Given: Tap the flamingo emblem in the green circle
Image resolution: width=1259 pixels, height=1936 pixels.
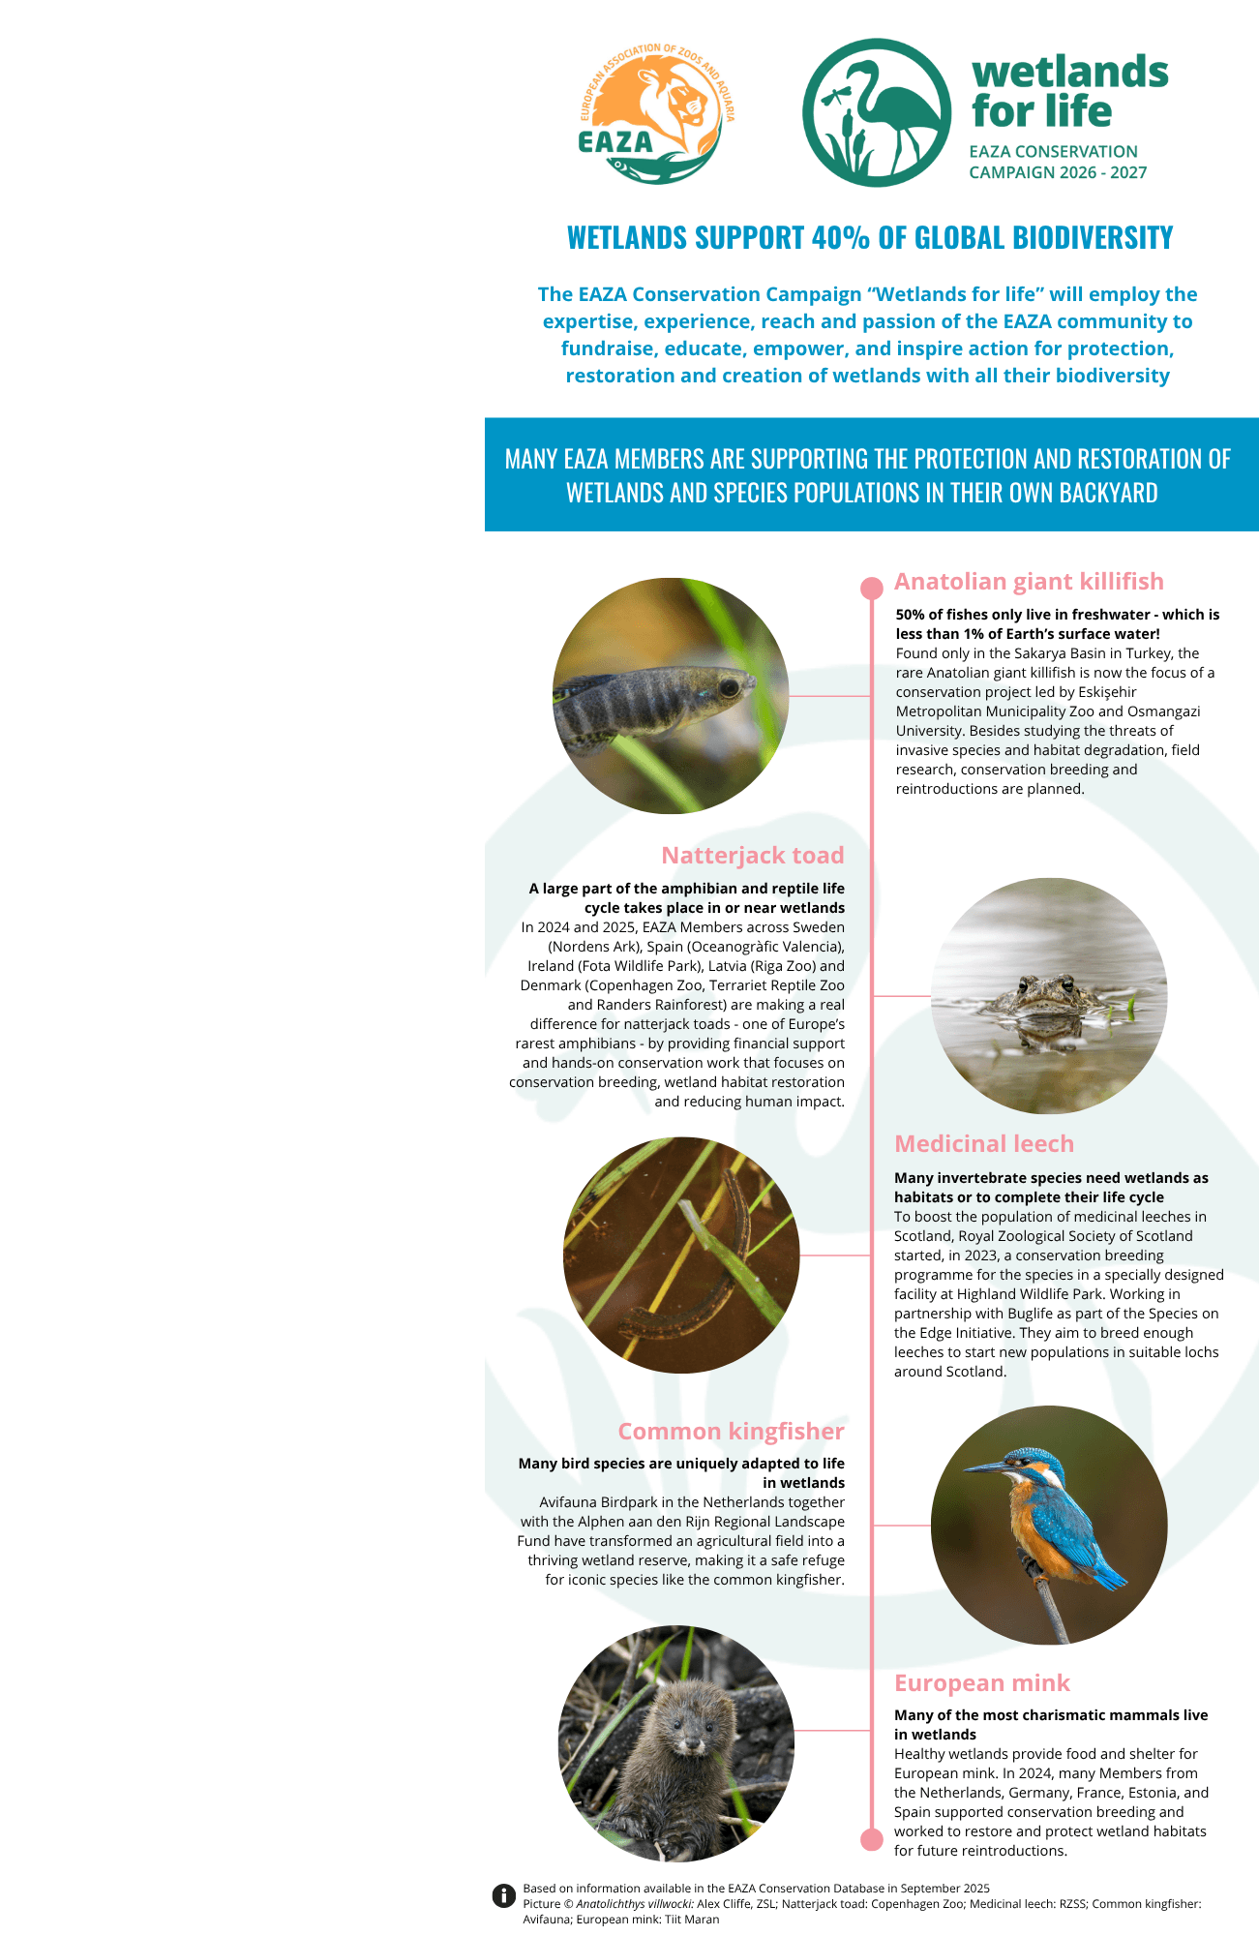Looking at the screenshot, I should (x=876, y=113).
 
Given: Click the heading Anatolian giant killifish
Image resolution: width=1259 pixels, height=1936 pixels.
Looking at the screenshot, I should (x=1029, y=582).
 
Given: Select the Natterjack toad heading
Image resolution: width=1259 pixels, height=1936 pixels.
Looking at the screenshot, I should (x=752, y=856).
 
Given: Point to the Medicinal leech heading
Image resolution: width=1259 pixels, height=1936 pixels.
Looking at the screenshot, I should (x=983, y=1144).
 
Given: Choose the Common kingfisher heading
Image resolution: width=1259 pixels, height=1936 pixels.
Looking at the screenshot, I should (x=731, y=1432).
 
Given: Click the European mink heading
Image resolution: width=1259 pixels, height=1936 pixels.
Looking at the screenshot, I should (x=981, y=1683).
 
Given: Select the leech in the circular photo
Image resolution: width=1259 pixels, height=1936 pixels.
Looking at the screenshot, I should (x=706, y=1258).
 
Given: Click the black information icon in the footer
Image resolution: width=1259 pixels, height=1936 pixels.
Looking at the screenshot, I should (x=503, y=1895).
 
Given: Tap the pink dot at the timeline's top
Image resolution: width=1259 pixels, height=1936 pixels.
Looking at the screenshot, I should (x=872, y=588).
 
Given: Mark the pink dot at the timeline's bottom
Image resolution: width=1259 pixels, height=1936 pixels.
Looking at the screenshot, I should (x=872, y=1839).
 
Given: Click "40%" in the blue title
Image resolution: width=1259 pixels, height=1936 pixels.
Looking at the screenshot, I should (x=841, y=238).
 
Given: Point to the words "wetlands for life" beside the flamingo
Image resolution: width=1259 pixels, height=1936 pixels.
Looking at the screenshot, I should (x=1069, y=92).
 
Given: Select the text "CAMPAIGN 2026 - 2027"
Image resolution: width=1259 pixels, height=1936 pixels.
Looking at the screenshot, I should (x=1058, y=173).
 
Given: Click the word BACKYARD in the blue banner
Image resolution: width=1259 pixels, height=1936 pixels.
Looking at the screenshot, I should (x=1108, y=493).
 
